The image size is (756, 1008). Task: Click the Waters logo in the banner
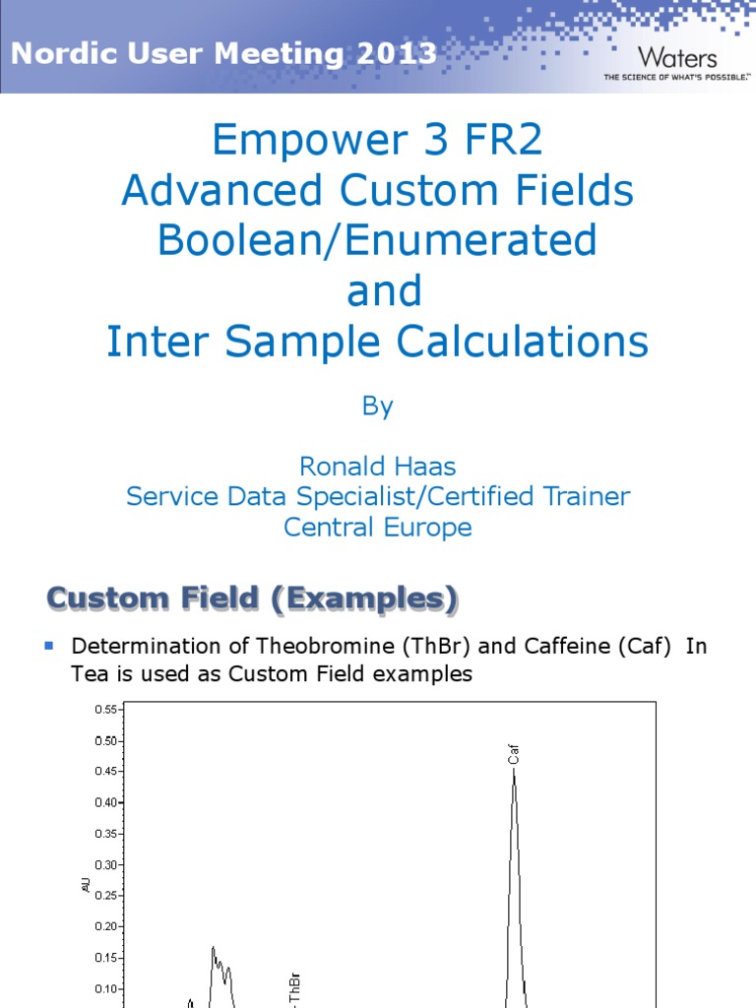pyautogui.click(x=677, y=58)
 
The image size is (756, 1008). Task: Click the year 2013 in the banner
pyautogui.click(x=397, y=53)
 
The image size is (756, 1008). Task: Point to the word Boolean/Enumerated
pyautogui.click(x=377, y=240)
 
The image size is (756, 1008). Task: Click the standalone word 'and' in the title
pyautogui.click(x=384, y=290)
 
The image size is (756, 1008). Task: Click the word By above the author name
pyautogui.click(x=377, y=407)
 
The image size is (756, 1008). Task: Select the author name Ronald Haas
pyautogui.click(x=377, y=466)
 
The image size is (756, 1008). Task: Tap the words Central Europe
pyautogui.click(x=377, y=528)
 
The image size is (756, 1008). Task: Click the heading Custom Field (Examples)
pyautogui.click(x=252, y=598)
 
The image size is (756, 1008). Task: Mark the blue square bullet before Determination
pyautogui.click(x=49, y=646)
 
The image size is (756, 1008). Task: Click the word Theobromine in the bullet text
pyautogui.click(x=325, y=646)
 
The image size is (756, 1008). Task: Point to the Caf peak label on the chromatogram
pyautogui.click(x=513, y=754)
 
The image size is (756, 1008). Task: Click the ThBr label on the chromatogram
pyautogui.click(x=294, y=987)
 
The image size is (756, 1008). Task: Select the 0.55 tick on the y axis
pyautogui.click(x=106, y=710)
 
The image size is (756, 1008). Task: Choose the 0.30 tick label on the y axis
pyautogui.click(x=106, y=865)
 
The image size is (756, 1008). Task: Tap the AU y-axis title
pyautogui.click(x=87, y=886)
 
